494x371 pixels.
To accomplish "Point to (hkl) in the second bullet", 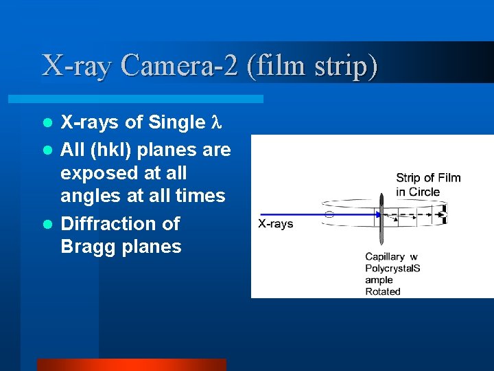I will coord(115,149).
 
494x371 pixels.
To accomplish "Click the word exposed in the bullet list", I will coord(96,172).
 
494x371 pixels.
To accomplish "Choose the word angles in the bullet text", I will coord(91,196).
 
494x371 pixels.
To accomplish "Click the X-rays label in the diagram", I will coord(275,224).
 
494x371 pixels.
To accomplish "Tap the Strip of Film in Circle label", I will coord(428,185).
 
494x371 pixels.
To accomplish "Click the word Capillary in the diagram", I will coord(385,257).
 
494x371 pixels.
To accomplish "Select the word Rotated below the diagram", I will coord(382,291).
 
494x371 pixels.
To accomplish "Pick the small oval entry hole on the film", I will coord(329,215).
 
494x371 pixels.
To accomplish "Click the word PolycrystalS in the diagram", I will coord(392,269).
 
